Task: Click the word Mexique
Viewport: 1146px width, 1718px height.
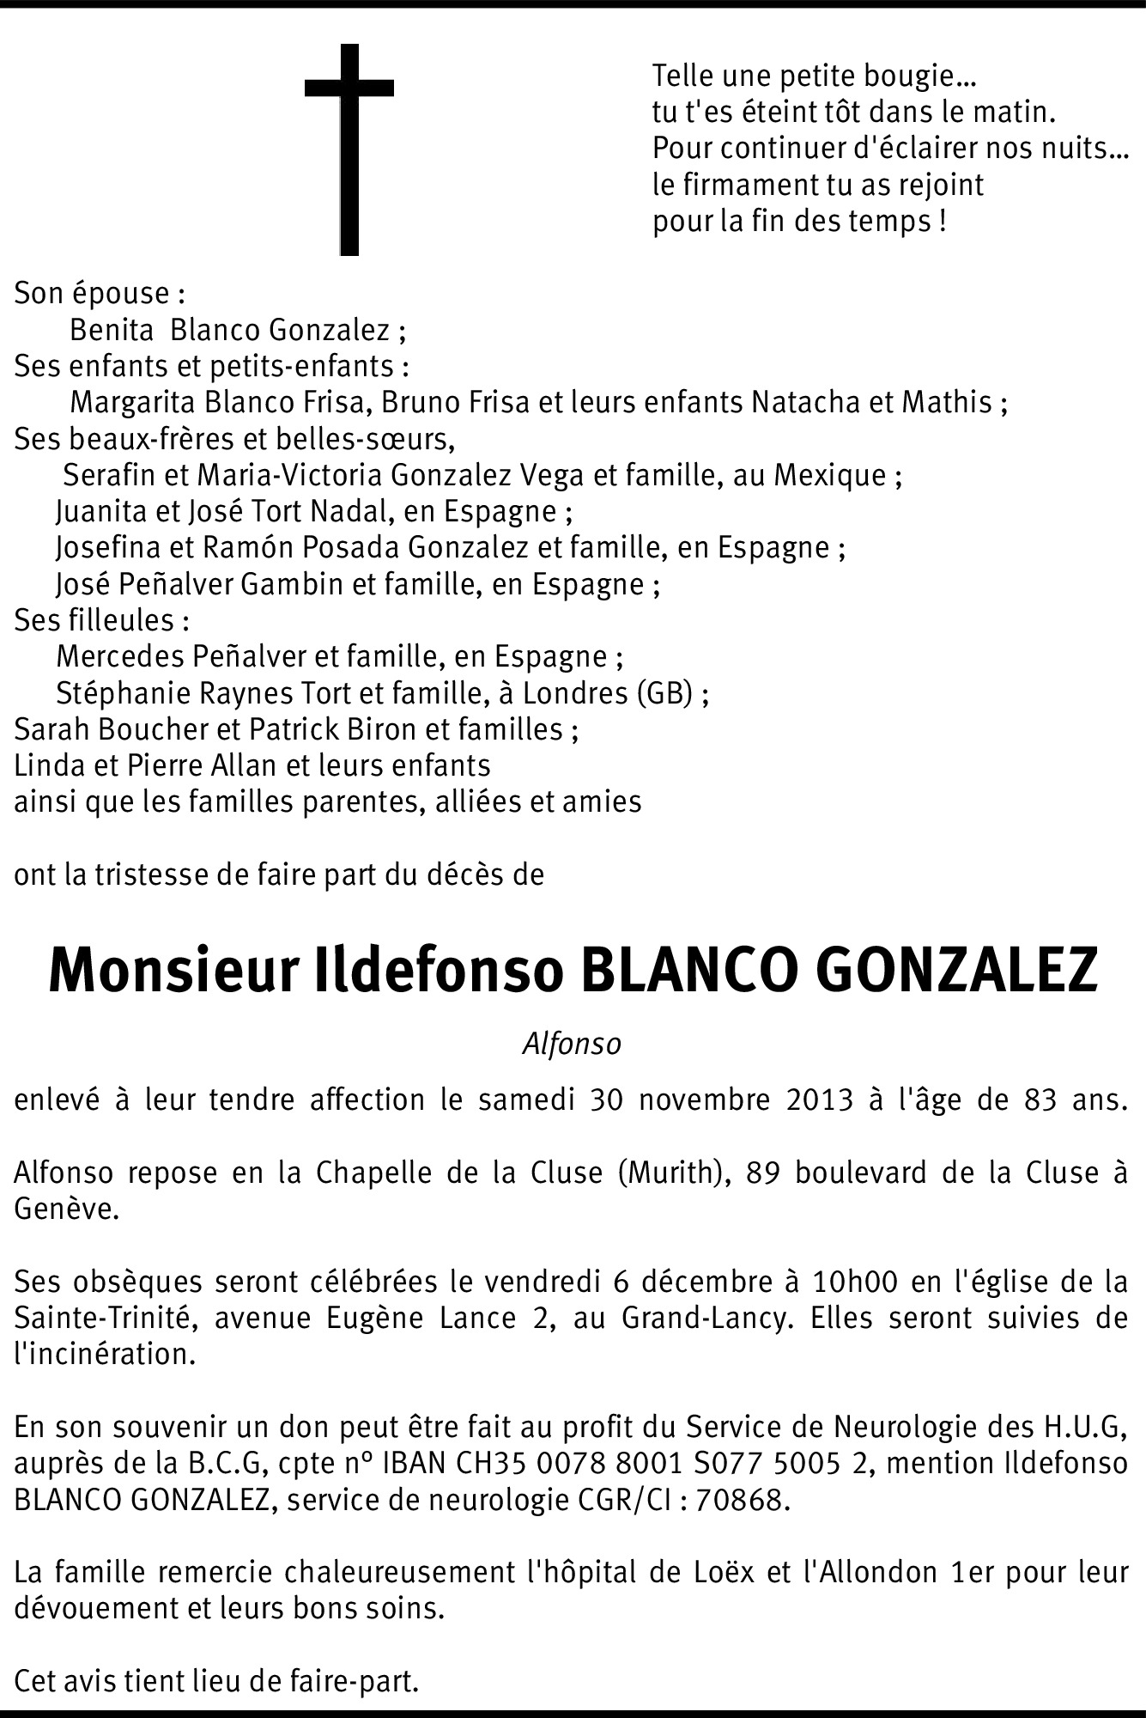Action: pos(830,474)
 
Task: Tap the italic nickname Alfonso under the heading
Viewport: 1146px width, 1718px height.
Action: pos(572,1044)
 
